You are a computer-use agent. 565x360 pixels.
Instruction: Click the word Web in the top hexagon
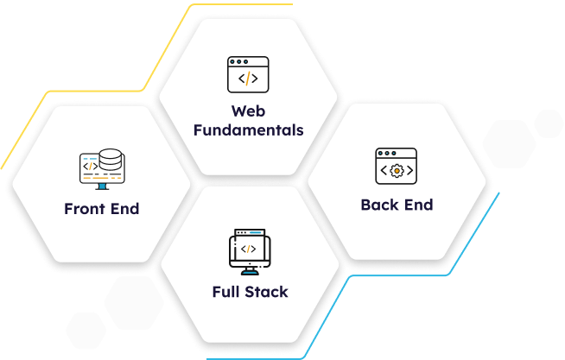[248, 111]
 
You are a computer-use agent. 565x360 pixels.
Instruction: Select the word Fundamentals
[249, 130]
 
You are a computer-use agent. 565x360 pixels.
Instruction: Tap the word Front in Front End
[85, 209]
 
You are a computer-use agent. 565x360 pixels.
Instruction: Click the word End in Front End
[124, 209]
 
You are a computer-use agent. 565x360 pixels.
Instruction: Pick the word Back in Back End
[380, 205]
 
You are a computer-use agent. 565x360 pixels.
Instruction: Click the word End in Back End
[419, 205]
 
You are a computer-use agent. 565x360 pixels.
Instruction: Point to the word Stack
[265, 292]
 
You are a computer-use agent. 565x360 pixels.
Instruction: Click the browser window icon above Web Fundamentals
[248, 74]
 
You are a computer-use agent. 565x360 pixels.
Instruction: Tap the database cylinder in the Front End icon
[111, 160]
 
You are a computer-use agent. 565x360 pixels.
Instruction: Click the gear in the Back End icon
[397, 171]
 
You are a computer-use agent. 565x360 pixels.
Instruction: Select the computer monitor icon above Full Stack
[250, 252]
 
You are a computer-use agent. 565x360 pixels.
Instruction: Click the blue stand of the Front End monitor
[102, 186]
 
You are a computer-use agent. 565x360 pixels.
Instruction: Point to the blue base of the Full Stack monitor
[250, 272]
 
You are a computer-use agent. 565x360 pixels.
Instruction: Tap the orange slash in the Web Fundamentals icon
[248, 79]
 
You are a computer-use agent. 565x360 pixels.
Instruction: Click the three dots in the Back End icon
[387, 154]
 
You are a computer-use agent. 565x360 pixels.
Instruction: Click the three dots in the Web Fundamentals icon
[239, 62]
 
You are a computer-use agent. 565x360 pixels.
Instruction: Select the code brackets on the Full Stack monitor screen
[248, 249]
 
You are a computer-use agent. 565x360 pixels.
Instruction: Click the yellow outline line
[143, 88]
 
